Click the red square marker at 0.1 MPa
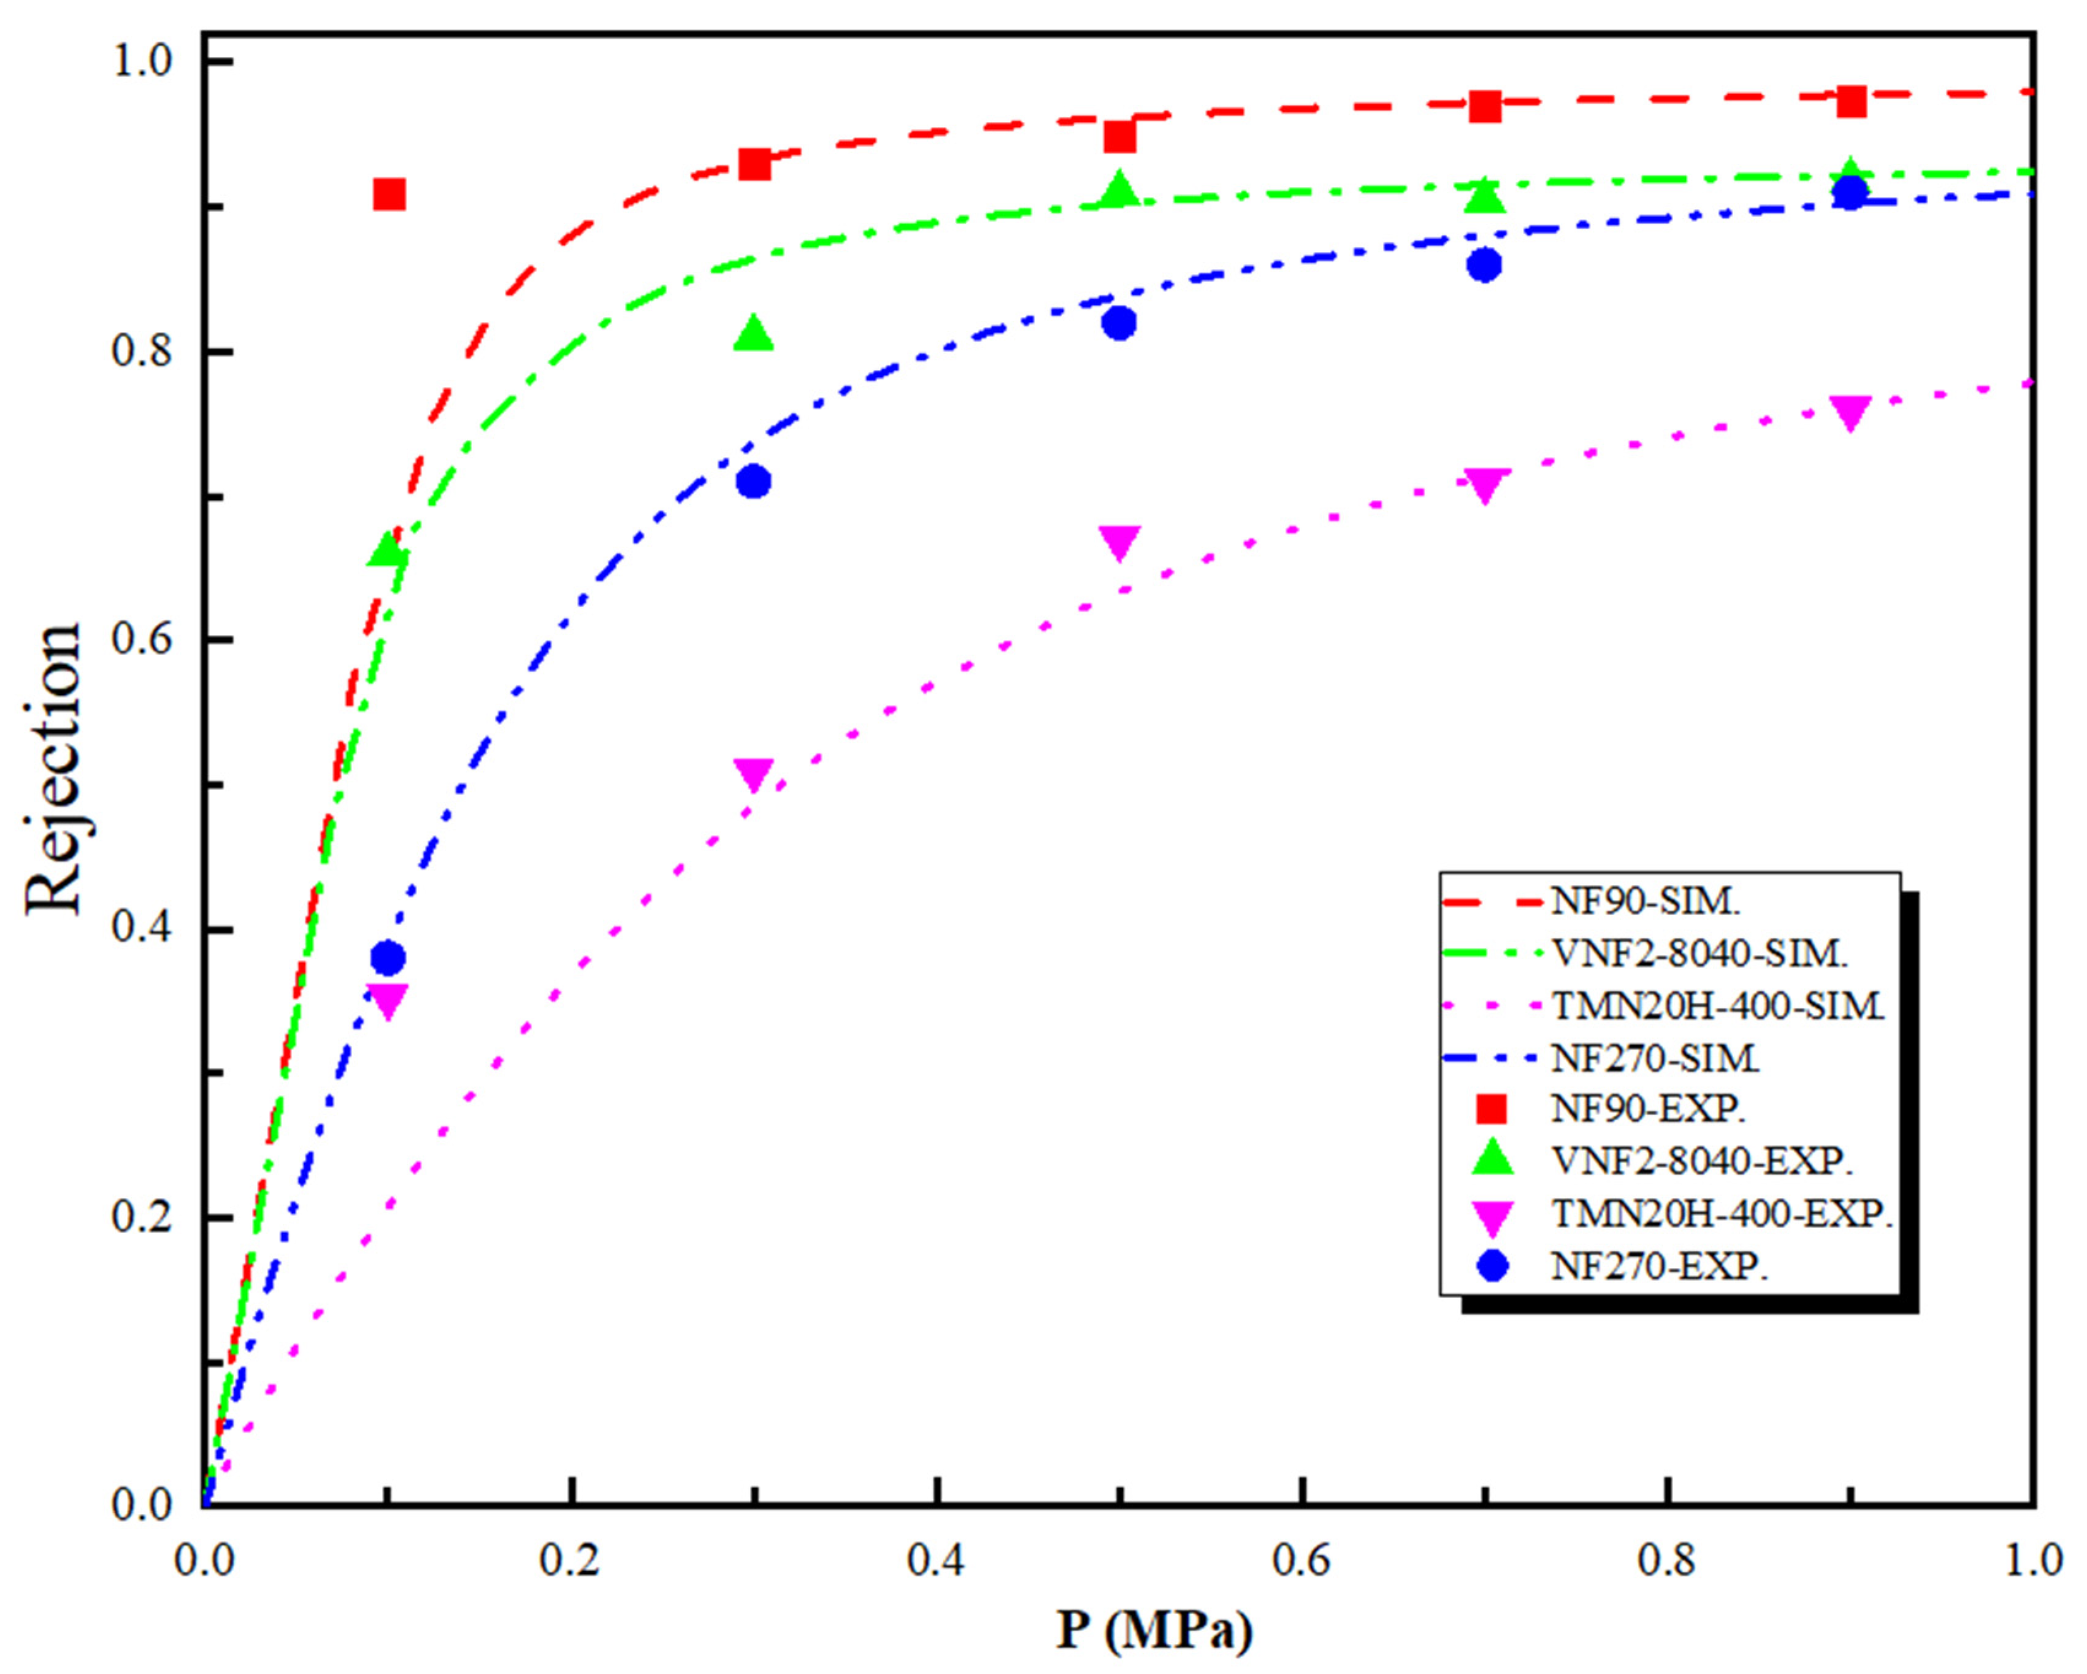click(x=388, y=194)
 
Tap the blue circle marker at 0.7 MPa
click(x=1484, y=265)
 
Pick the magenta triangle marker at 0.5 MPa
click(x=1119, y=542)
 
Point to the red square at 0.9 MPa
click(x=1850, y=101)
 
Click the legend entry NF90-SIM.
click(x=1645, y=901)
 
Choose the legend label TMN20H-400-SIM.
click(x=1718, y=1006)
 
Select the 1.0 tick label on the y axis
click(x=142, y=62)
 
